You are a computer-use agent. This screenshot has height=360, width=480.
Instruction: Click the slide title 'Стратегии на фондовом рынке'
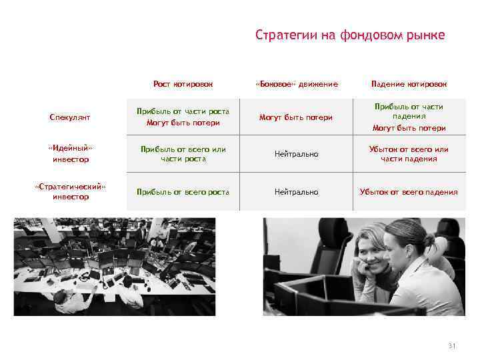[x=349, y=35]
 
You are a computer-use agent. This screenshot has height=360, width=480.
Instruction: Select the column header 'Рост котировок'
[x=183, y=84]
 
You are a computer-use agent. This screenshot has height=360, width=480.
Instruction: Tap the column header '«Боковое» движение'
[x=297, y=84]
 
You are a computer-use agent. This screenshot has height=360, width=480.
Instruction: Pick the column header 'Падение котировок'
[x=409, y=84]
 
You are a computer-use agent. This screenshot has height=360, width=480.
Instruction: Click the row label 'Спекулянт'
[x=70, y=117]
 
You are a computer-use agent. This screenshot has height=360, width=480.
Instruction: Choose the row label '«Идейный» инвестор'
[x=70, y=154]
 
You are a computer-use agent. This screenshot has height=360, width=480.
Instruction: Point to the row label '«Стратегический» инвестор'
[x=70, y=192]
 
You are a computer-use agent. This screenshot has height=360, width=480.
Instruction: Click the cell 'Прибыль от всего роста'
[x=183, y=192]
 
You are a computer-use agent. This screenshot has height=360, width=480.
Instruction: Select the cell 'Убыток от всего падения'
[x=409, y=192]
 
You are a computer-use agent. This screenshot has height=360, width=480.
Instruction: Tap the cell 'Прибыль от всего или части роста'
[x=183, y=154]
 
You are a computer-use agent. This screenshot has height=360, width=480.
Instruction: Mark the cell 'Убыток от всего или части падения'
[x=409, y=154]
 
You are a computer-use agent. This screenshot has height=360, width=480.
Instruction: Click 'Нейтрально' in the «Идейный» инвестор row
[x=297, y=154]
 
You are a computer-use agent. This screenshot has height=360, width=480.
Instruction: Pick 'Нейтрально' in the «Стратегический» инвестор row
[x=297, y=192]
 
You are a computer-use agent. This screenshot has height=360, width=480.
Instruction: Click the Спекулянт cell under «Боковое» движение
[x=297, y=117]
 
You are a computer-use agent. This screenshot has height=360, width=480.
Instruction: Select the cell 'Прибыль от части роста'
[x=183, y=111]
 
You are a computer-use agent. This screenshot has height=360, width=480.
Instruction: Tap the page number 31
[x=451, y=345]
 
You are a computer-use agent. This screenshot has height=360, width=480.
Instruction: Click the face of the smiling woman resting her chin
[x=377, y=253]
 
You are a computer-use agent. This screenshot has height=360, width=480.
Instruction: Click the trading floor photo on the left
[x=115, y=267]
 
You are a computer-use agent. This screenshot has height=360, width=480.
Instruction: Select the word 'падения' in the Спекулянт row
[x=409, y=116]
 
